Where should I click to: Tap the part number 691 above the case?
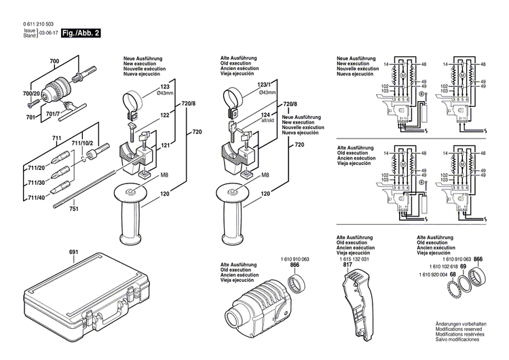[x=73, y=253]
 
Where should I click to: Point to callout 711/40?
[x=36, y=198]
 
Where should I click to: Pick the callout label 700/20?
[x=31, y=93]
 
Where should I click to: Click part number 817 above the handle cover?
[x=347, y=265]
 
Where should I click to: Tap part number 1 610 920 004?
[x=430, y=274]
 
